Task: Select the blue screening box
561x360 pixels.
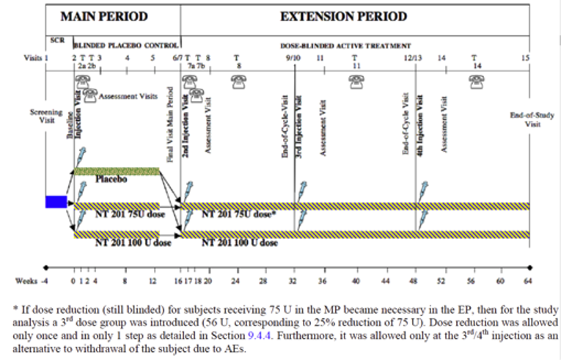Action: coord(56,202)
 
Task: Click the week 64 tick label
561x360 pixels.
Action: coord(526,281)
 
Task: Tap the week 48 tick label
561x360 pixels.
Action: coord(415,281)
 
